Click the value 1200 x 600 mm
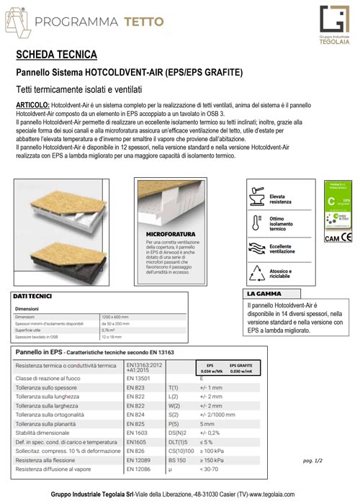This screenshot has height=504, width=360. [114, 316]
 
